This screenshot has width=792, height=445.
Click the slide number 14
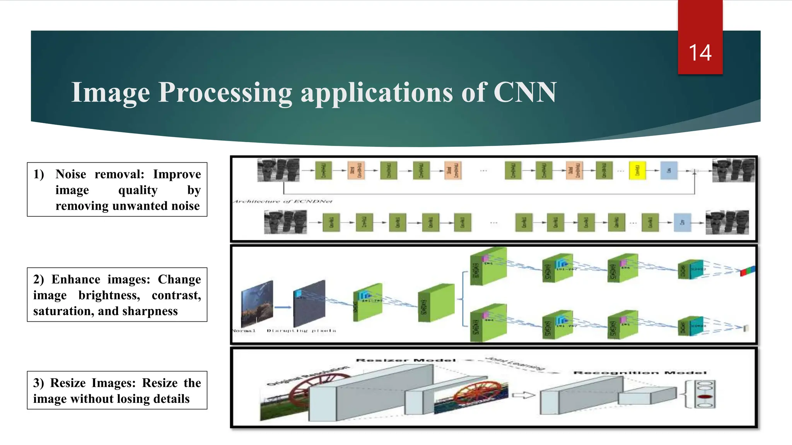point(700,53)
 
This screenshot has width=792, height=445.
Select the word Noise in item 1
point(71,174)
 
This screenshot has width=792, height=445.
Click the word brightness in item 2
point(109,295)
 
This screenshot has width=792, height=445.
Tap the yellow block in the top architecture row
point(637,170)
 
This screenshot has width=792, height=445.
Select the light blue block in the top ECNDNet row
point(669,170)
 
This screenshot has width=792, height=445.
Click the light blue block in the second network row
point(682,223)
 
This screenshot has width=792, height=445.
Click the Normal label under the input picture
point(244,331)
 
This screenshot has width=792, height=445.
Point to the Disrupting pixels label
point(301,331)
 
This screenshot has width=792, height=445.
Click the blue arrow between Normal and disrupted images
point(283,307)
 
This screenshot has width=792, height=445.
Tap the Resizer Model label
point(406,360)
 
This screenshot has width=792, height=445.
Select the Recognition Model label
point(640,373)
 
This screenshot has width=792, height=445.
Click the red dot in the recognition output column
point(705,397)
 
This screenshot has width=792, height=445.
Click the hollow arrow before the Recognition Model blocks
point(523,395)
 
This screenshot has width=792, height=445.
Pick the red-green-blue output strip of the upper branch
point(748,271)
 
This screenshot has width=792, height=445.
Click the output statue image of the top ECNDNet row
point(733,170)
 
